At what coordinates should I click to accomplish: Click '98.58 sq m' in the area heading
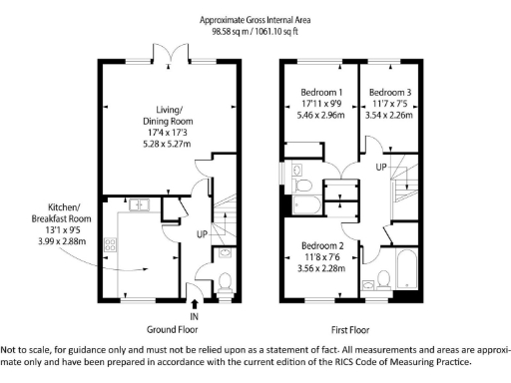232,31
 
